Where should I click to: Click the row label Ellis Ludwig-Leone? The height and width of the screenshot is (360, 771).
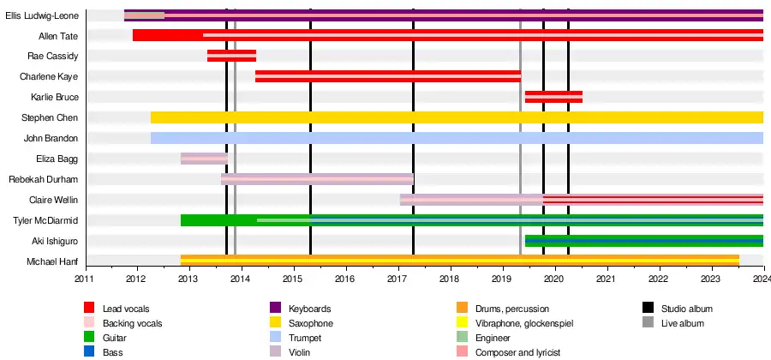click(42, 15)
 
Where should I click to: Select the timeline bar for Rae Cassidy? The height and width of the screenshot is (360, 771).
click(231, 56)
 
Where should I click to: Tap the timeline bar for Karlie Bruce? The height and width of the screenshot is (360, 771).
click(553, 97)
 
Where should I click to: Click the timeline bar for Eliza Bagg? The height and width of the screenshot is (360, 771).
click(204, 159)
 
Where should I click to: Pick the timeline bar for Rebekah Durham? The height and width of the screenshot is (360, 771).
click(317, 179)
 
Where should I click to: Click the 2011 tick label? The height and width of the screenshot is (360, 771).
click(85, 279)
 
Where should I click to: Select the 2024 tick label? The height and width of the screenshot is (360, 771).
click(762, 279)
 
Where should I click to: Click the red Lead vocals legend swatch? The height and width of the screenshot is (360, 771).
click(89, 309)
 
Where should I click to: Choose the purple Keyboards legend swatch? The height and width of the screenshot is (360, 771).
click(275, 309)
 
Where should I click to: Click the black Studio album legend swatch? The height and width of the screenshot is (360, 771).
click(648, 309)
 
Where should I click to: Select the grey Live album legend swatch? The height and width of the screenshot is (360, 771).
click(648, 323)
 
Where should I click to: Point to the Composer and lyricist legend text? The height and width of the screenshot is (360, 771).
click(522, 352)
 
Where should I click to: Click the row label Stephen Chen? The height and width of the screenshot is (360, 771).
click(55, 117)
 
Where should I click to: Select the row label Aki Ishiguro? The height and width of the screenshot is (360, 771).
click(56, 241)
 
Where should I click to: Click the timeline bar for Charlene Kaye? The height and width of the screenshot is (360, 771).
click(387, 76)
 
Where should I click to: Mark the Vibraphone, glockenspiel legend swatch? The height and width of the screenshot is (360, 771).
click(462, 323)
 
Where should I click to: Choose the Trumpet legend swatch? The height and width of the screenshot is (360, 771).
click(275, 338)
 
